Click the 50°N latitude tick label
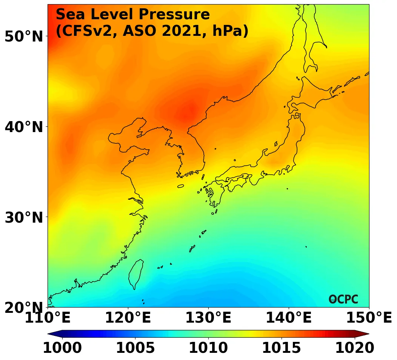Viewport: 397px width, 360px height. pos(23,37)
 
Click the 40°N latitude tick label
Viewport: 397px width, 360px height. pos(23,127)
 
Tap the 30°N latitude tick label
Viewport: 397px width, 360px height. pos(23,217)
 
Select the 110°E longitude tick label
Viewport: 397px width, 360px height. pos(48,318)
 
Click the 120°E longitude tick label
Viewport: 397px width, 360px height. pos(128,318)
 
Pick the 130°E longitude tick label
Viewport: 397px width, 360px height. pos(208,318)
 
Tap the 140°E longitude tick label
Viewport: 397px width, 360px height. pos(289,318)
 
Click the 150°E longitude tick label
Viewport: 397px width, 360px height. pos(369,318)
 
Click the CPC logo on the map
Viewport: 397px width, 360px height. pos(343,299)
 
